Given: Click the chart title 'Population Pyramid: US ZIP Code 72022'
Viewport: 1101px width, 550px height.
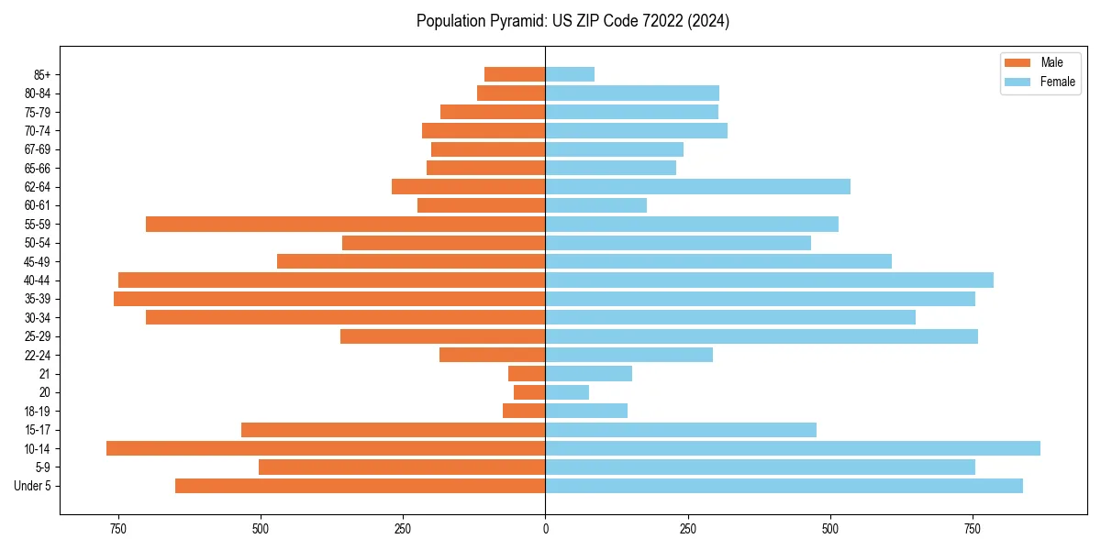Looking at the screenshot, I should tap(573, 21).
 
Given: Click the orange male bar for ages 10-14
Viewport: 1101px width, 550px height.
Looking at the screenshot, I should tap(326, 448).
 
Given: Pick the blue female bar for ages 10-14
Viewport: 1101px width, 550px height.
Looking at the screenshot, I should tap(793, 448).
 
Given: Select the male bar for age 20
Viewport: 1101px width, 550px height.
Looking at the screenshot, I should tap(529, 392).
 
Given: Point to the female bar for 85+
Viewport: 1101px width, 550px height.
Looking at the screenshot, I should tap(570, 74).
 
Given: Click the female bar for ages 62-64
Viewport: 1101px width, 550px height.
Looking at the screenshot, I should tap(697, 187).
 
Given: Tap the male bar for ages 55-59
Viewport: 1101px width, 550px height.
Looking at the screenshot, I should tap(346, 225).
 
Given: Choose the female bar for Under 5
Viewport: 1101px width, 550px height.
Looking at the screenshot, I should tap(784, 486).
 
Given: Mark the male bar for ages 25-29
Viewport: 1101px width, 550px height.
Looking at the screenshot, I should tap(443, 336).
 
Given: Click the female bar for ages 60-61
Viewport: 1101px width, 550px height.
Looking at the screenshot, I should tap(596, 205).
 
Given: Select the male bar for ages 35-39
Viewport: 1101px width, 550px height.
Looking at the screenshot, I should tap(329, 299).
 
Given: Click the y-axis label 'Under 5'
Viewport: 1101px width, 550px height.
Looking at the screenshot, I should tap(33, 486).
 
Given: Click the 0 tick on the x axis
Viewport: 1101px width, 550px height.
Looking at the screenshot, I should tap(546, 528).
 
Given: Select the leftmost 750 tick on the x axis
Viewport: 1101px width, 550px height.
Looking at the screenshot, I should tap(117, 528).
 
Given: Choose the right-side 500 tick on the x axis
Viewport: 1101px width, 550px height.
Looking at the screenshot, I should tap(830, 528).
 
